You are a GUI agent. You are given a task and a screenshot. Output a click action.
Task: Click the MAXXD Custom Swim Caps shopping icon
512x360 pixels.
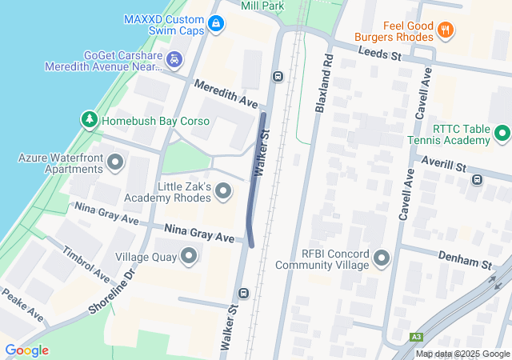point(215,25)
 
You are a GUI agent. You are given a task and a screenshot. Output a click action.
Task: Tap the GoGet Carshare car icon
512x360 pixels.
point(174,60)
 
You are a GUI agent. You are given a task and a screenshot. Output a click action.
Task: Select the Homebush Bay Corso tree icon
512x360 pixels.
point(90,121)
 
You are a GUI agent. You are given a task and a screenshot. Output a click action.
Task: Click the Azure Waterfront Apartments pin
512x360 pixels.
point(115,164)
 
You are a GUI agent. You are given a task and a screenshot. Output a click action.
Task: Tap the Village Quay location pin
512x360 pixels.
point(189,257)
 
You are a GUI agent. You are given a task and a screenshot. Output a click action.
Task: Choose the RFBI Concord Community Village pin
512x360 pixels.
point(381,258)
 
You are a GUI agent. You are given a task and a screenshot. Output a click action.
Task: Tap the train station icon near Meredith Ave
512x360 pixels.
point(278,77)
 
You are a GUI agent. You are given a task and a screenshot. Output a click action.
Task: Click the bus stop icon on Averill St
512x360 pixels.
point(478,179)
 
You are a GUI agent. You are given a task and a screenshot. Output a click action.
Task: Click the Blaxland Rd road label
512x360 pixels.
point(323,83)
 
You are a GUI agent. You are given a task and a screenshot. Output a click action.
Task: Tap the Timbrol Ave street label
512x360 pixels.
point(86,262)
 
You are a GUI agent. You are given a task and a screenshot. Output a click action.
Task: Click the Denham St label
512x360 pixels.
point(464,258)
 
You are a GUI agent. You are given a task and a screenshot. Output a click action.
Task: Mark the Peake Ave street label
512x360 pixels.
point(21,305)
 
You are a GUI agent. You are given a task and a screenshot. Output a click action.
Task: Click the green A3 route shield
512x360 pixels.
point(416,337)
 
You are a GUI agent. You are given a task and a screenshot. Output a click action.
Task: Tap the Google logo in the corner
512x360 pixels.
point(27,350)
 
